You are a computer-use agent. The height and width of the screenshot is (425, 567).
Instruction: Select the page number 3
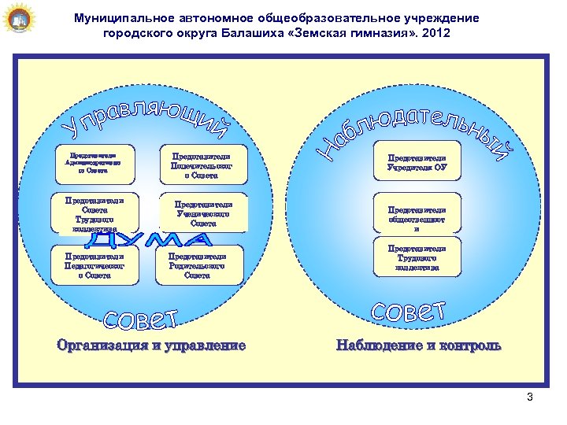pyautogui.click(x=530, y=397)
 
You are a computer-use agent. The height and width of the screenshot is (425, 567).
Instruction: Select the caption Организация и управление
pyautogui.click(x=150, y=345)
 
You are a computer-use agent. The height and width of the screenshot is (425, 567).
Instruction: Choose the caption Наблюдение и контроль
pyautogui.click(x=418, y=345)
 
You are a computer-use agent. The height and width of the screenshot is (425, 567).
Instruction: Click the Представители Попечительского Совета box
pyautogui.click(x=202, y=165)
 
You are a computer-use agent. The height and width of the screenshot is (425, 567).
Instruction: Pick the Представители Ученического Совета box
pyautogui.click(x=202, y=213)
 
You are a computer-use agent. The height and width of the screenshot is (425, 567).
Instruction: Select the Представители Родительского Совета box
pyautogui.click(x=198, y=265)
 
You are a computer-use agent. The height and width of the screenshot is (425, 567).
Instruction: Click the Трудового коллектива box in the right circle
pyautogui.click(x=417, y=258)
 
